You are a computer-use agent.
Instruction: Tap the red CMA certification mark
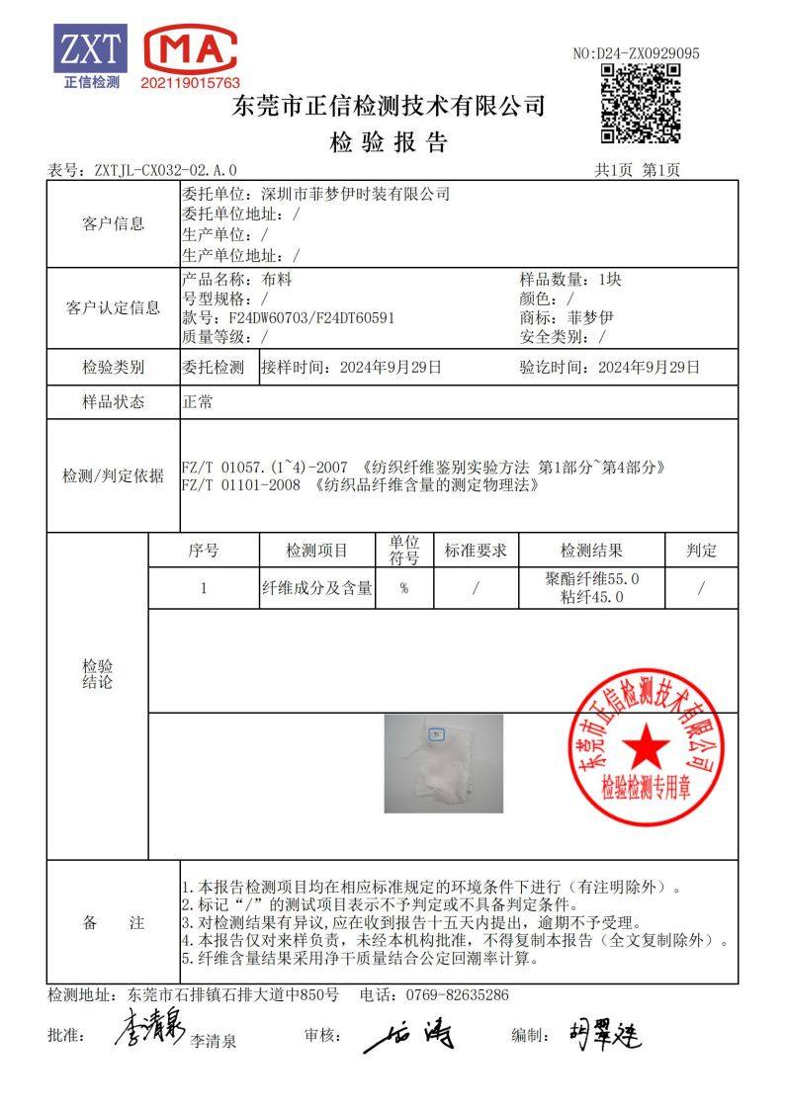click(191, 50)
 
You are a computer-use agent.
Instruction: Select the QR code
click(641, 103)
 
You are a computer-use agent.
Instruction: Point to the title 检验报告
click(389, 141)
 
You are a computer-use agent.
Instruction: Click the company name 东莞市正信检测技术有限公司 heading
click(389, 106)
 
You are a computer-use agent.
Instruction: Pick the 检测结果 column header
click(591, 551)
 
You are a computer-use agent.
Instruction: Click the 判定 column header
click(701, 551)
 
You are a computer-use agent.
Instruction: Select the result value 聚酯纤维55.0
click(592, 579)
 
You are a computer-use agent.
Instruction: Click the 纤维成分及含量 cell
click(316, 588)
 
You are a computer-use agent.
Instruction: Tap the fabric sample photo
click(443, 763)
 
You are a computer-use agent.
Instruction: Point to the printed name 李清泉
click(214, 1041)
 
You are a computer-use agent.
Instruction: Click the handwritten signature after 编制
click(604, 1035)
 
